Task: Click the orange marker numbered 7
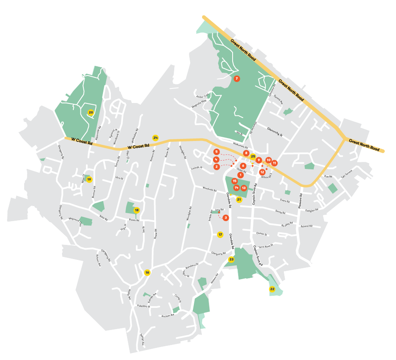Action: [x=236, y=78]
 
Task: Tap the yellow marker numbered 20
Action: [x=91, y=112]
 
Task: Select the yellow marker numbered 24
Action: [x=155, y=138]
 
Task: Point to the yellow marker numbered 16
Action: [x=147, y=272]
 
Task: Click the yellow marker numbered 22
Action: [x=272, y=289]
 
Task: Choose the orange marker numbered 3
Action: [x=226, y=218]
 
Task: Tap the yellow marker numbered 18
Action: [x=137, y=210]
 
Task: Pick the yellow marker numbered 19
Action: [x=89, y=179]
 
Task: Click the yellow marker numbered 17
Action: [x=220, y=234]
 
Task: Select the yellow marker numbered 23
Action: [x=231, y=259]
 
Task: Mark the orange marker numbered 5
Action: [x=216, y=152]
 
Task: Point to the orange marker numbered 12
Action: [x=262, y=172]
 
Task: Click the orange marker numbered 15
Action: [x=235, y=181]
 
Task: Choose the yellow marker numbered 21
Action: [x=239, y=199]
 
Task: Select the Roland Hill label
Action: [x=306, y=226]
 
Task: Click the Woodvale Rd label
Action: [x=208, y=189]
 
